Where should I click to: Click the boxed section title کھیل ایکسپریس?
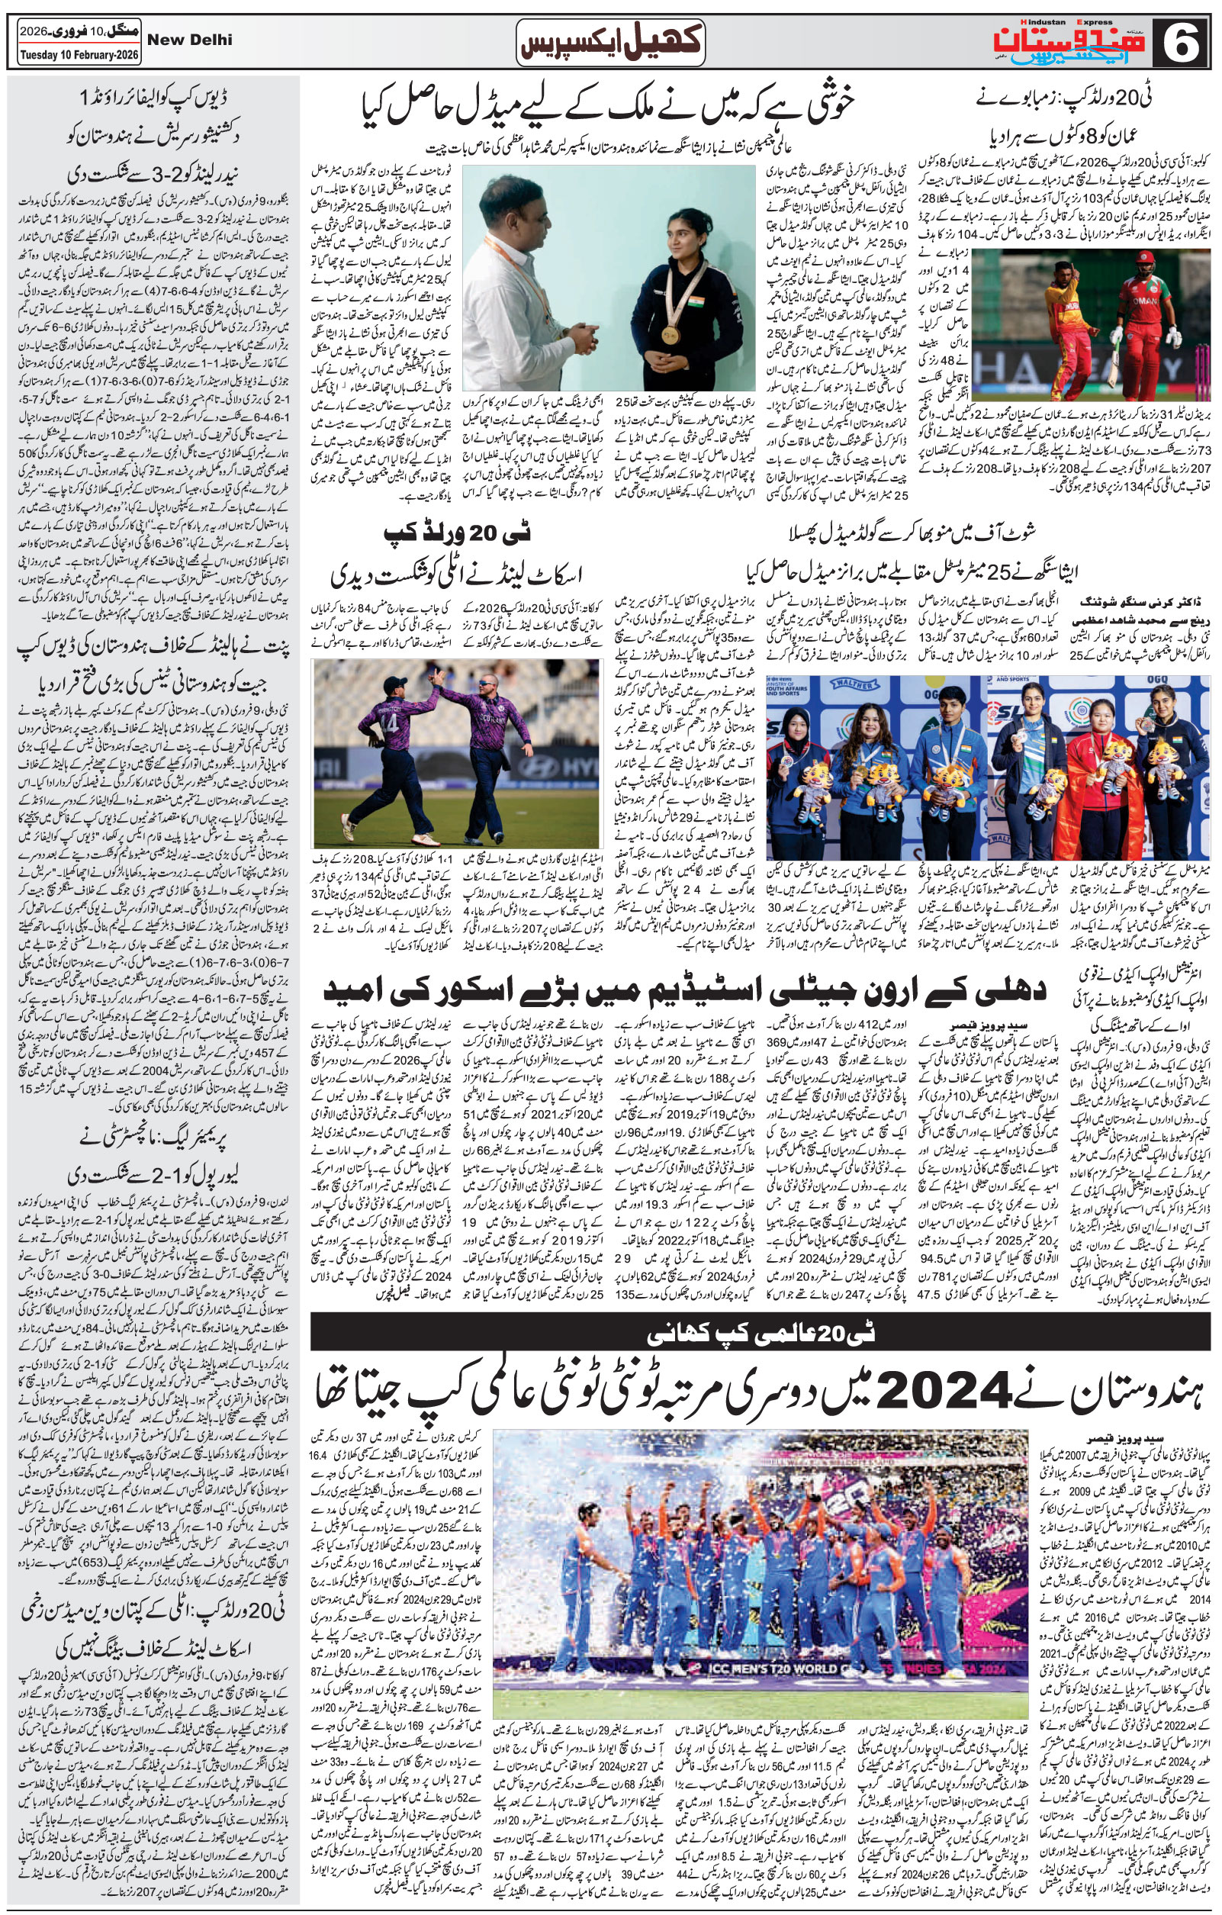coord(609,40)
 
